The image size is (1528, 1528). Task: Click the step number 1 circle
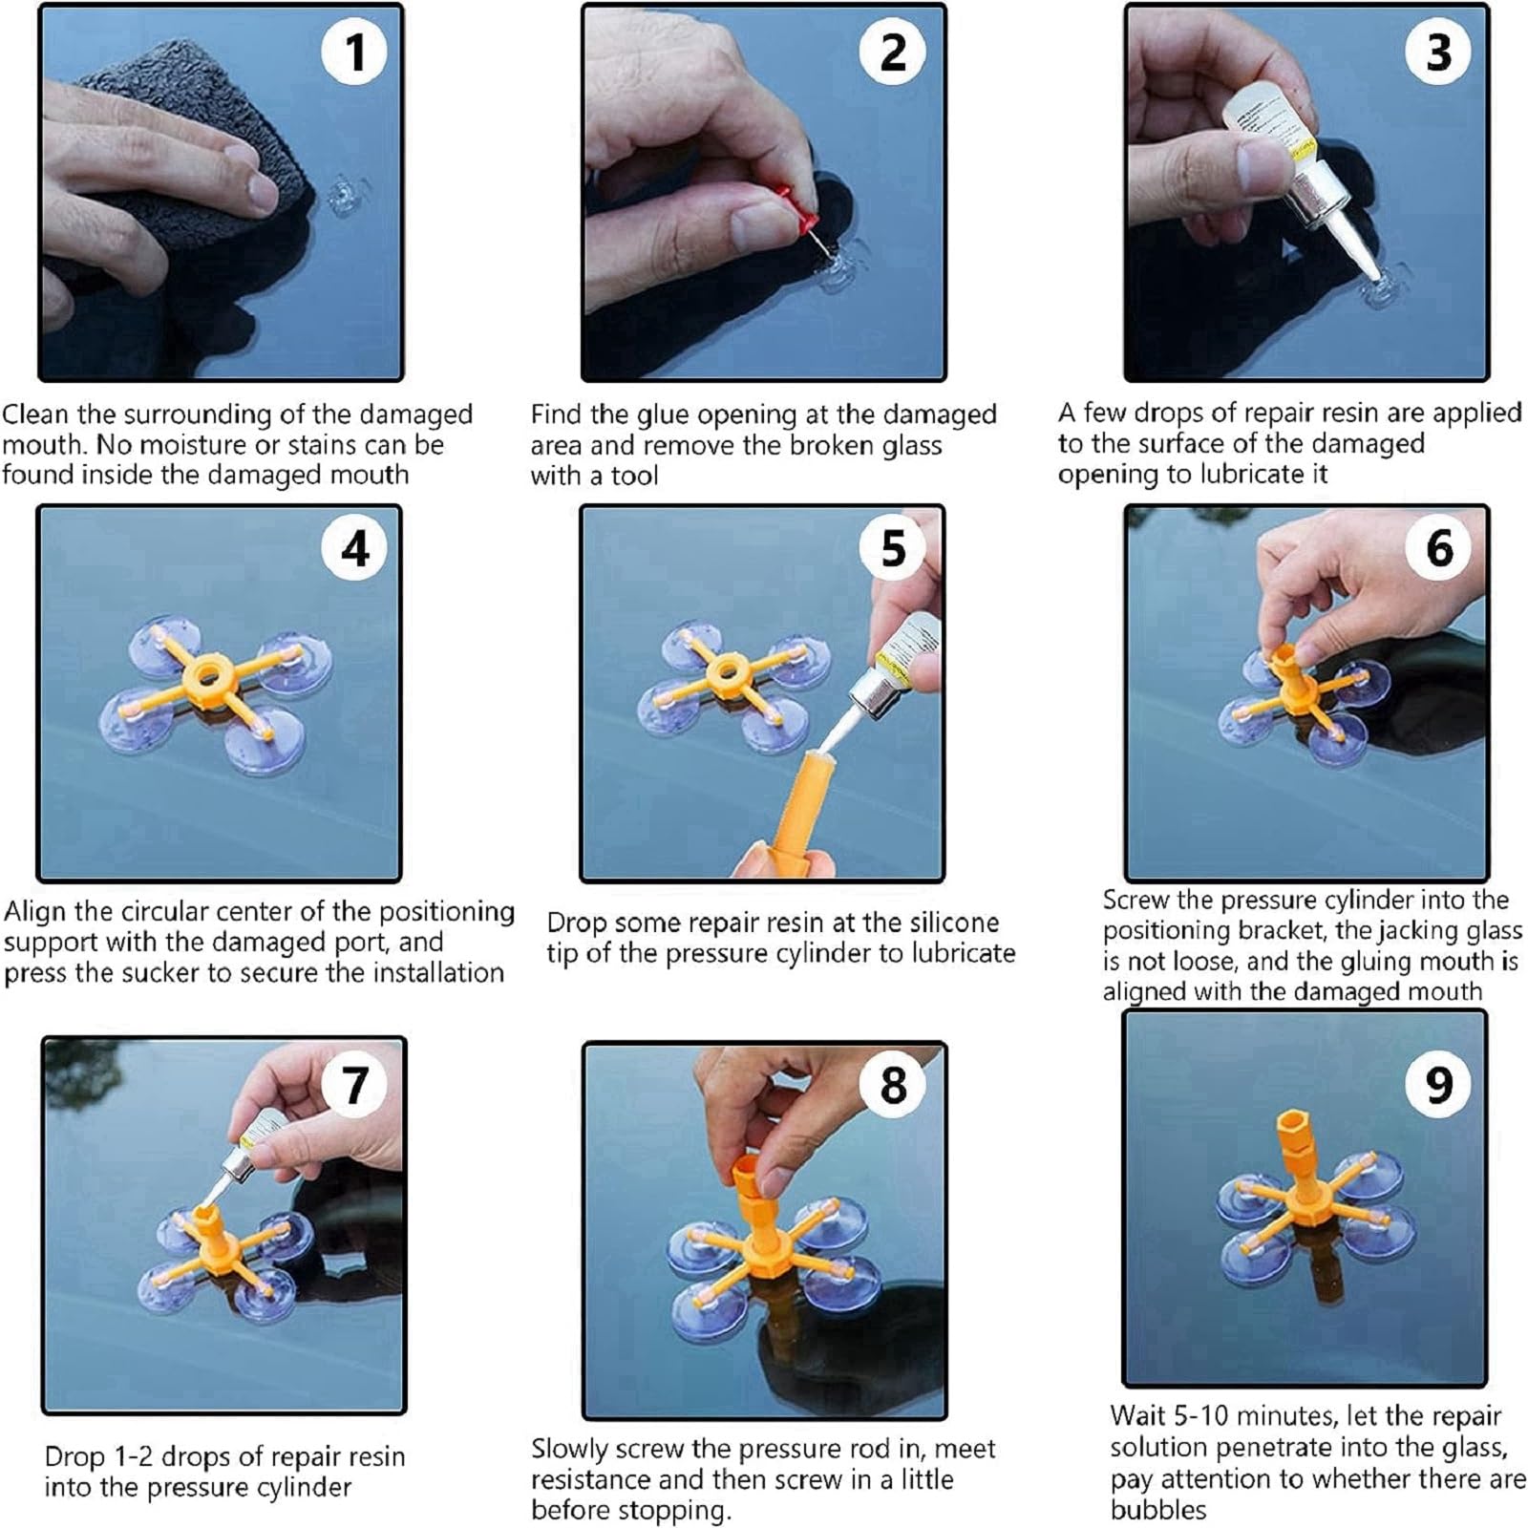354,51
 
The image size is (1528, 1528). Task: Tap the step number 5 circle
893,547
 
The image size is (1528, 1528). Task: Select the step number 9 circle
1439,1084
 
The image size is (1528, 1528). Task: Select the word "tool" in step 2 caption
634,476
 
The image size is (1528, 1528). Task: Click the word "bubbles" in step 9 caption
1158,1510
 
